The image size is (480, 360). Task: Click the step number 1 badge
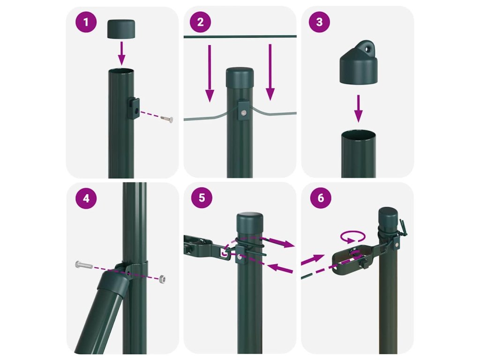(86, 22)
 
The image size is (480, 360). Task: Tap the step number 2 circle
(201, 22)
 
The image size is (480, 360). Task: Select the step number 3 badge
(319, 22)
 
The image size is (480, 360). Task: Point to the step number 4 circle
(86, 198)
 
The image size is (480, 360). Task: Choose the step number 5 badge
(202, 198)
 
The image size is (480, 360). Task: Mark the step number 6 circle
(321, 198)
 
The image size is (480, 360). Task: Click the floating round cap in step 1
(121, 29)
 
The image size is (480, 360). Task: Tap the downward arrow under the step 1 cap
(121, 53)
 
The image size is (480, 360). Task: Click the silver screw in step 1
(166, 118)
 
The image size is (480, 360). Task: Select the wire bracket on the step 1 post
(134, 109)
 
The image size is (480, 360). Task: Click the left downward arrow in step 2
(210, 73)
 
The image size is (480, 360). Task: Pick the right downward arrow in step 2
(270, 72)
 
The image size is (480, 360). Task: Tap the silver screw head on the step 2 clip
(244, 112)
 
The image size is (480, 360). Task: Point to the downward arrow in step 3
(358, 109)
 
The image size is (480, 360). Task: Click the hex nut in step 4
(163, 279)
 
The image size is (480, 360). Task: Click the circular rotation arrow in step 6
(353, 237)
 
